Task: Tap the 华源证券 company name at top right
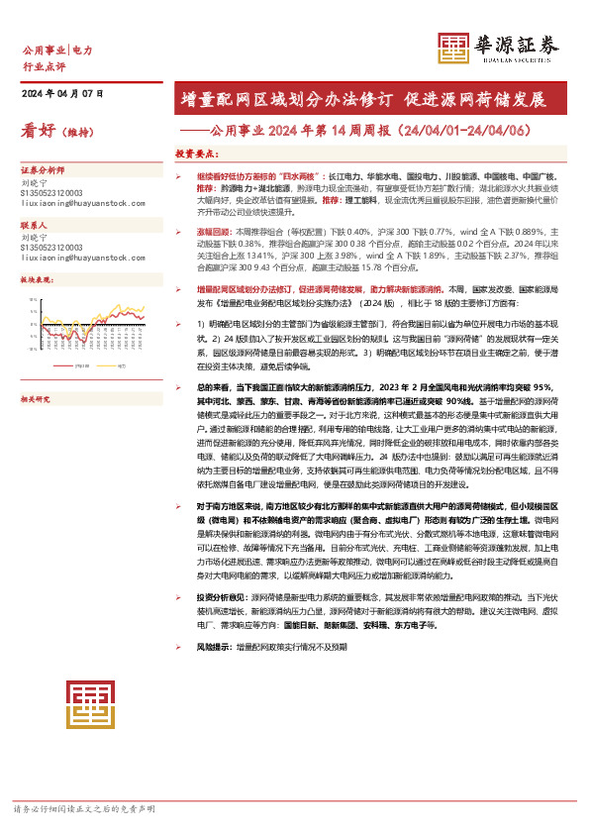tap(517, 42)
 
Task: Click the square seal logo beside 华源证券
tap(452, 48)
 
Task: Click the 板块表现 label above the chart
tap(38, 280)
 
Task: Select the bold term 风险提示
tap(215, 645)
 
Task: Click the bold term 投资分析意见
tap(220, 597)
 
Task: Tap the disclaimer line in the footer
tap(84, 809)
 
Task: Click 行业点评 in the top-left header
tap(44, 65)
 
